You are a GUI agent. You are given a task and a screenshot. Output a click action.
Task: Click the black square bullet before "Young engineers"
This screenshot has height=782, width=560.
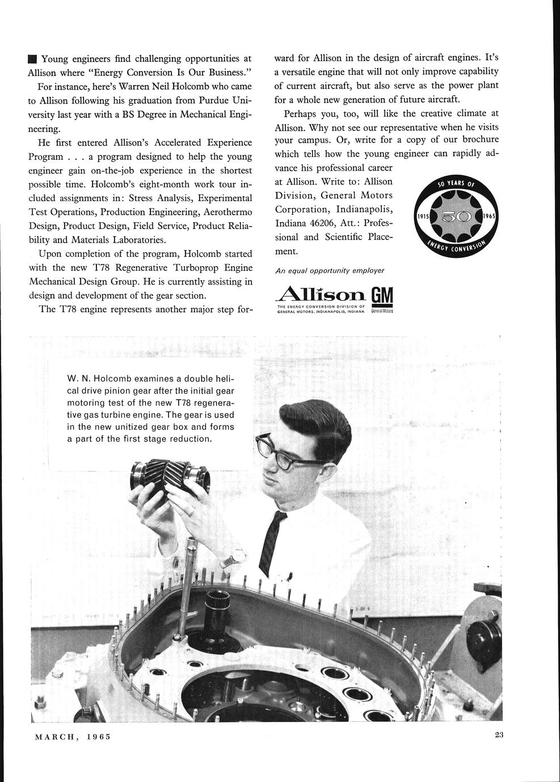32,59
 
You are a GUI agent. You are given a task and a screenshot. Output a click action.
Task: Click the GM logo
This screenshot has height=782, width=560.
382,297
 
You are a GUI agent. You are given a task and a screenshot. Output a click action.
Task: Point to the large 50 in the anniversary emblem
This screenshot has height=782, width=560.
457,217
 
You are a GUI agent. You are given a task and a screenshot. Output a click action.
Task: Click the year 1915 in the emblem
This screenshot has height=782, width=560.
424,217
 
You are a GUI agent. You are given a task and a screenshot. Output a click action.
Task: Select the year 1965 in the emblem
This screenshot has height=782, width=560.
490,217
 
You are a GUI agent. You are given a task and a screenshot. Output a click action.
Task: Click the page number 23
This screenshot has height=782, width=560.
499,736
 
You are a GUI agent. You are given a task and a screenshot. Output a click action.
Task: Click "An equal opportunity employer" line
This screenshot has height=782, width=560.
330,271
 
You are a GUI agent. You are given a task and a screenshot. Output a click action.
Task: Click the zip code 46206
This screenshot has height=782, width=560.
310,223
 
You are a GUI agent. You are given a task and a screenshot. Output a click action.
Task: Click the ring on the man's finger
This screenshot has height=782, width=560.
192,511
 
